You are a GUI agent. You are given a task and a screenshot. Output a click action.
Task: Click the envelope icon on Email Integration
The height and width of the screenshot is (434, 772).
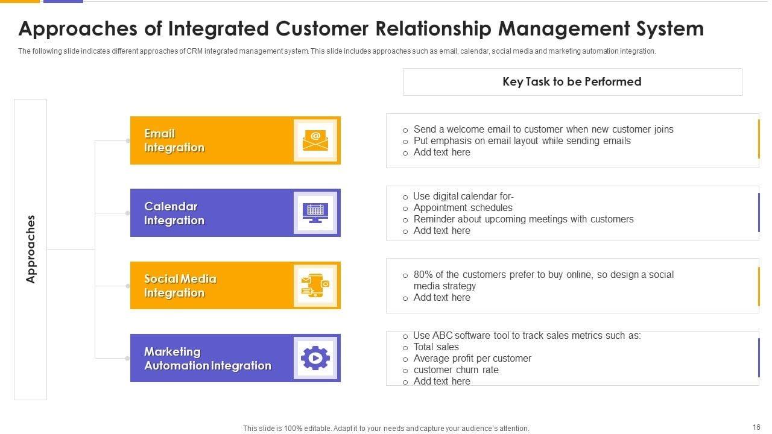click(x=315, y=140)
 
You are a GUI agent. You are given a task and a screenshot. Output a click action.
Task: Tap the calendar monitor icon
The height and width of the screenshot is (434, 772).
click(x=315, y=213)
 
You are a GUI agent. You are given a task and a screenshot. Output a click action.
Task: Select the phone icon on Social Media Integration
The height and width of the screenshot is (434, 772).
click(x=315, y=285)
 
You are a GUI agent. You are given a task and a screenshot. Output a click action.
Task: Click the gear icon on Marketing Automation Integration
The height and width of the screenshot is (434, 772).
click(x=315, y=358)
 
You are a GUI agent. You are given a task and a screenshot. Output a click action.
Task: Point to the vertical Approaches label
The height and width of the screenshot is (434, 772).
click(x=31, y=249)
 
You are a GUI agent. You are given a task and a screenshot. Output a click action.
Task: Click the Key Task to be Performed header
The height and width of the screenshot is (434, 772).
click(x=572, y=82)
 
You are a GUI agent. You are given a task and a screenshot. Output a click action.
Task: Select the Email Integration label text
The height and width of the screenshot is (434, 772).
click(x=174, y=140)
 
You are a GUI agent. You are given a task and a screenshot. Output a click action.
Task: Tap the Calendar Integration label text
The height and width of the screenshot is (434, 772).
click(x=174, y=213)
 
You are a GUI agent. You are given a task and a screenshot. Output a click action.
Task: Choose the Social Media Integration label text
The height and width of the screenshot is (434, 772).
click(x=180, y=286)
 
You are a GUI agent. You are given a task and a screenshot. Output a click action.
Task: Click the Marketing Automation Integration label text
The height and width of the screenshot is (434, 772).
click(x=207, y=359)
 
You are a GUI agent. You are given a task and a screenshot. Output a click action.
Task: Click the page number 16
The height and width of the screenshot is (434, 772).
click(x=756, y=427)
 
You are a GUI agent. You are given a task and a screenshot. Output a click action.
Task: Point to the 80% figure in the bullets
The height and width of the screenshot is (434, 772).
click(x=422, y=275)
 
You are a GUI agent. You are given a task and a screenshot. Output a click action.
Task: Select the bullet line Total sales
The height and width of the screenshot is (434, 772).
click(x=436, y=347)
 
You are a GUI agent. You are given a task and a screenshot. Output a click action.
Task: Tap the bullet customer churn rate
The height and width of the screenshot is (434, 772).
click(x=456, y=370)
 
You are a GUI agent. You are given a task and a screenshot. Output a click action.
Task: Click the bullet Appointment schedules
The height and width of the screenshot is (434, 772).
click(x=463, y=208)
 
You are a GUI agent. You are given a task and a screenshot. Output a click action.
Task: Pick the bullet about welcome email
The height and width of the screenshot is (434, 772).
click(x=543, y=130)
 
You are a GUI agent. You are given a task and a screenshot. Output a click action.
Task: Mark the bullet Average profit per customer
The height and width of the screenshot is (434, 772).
click(x=472, y=359)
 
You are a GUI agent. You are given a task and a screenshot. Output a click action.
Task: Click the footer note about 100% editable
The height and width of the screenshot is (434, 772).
click(x=386, y=429)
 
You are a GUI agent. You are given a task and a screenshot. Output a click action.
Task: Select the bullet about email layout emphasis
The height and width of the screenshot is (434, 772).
click(x=522, y=141)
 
